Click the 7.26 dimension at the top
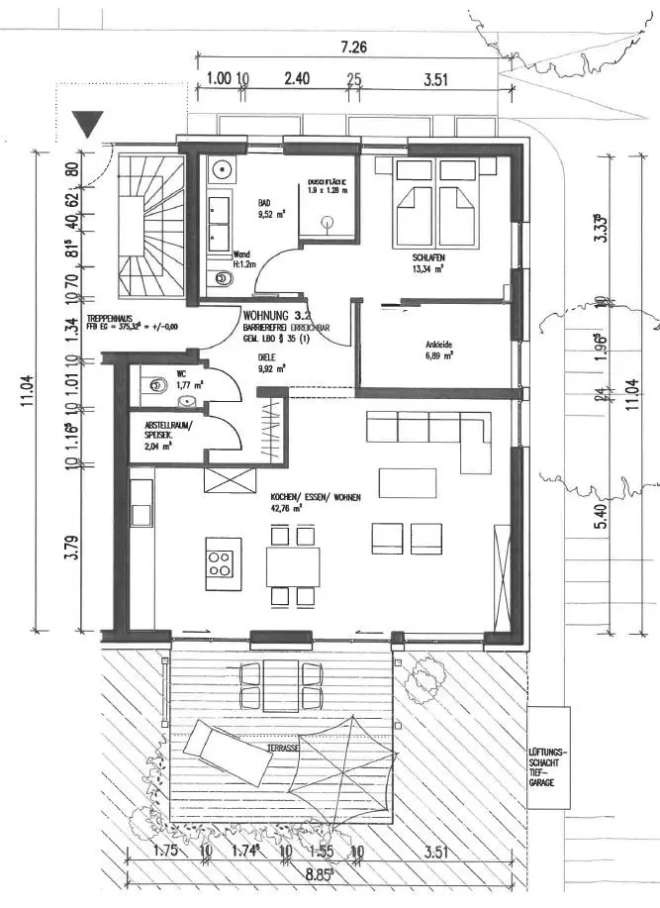pos(353,47)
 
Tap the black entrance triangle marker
pos(91,125)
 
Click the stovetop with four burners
pos(223,564)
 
